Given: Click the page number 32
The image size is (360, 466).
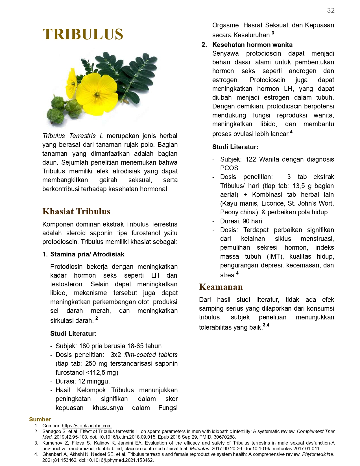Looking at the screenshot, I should click(331, 11).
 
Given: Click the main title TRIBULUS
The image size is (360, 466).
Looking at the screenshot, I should click(83, 34).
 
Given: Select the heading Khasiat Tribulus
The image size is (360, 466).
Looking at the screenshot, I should click(76, 211).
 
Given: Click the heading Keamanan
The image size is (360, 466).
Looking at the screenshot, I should click(221, 287).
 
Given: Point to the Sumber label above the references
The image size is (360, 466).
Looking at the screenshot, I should click(40, 419).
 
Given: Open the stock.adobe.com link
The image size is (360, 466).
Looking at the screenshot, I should click(86, 426).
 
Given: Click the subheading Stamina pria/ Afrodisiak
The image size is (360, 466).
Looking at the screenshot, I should click(87, 254).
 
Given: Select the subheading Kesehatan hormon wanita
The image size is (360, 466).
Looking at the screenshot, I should click(252, 45).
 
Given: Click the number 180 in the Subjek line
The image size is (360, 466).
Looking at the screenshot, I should click(84, 346).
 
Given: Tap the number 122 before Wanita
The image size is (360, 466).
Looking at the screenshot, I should click(251, 159).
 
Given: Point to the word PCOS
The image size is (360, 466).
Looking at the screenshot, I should click(229, 168).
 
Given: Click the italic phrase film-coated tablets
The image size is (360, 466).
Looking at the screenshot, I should click(151, 355).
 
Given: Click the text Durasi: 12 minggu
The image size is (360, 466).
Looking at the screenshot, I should click(82, 381).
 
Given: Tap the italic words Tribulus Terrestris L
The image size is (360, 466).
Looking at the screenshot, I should click(73, 136).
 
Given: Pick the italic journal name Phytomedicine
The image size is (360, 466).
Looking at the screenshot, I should click(318, 454).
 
